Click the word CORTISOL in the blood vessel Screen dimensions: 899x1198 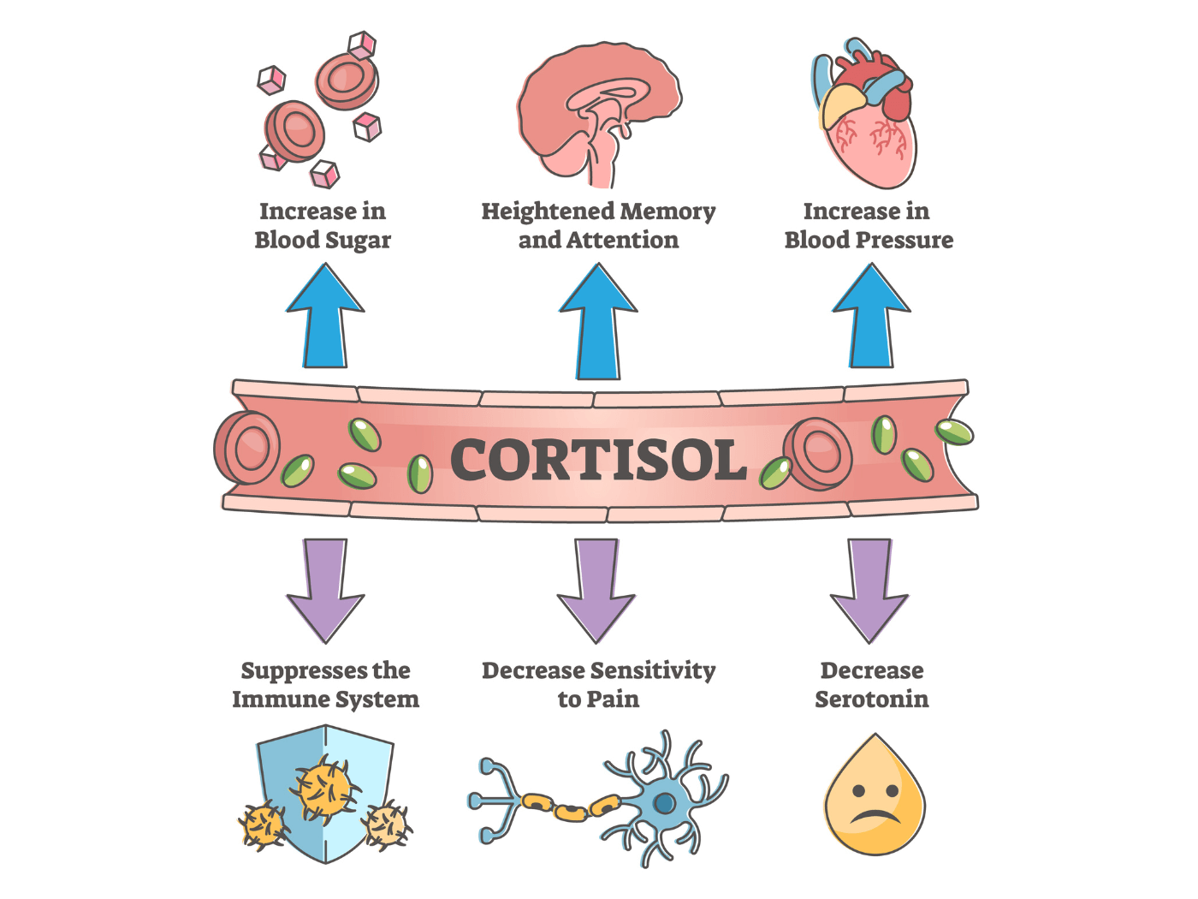click(x=598, y=460)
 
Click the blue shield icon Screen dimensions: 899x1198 click(x=325, y=792)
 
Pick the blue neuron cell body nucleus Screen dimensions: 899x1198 click(x=664, y=802)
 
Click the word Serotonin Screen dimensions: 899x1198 click(x=871, y=700)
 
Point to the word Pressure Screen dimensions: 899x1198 click(x=904, y=240)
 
